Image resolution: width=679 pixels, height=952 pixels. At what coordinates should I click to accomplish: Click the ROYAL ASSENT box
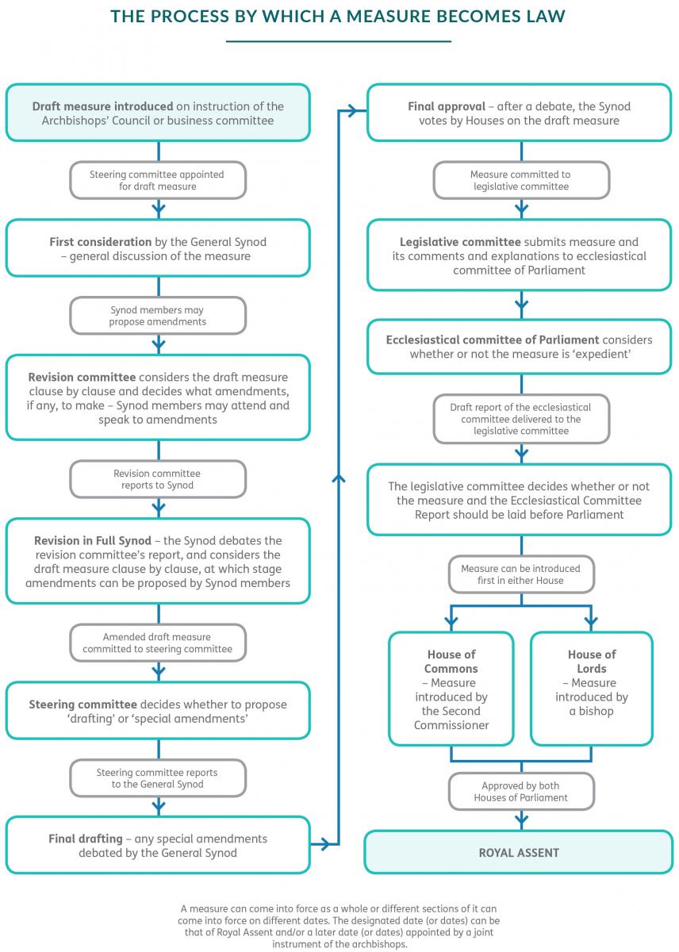click(x=519, y=852)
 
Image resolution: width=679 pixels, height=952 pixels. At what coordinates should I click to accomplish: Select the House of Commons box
click(x=451, y=689)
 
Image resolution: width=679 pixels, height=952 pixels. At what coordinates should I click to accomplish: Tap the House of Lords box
click(x=592, y=689)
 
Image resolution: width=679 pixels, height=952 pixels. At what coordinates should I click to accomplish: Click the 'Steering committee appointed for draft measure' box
click(x=158, y=180)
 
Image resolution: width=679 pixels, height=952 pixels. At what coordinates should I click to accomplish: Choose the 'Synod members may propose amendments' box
click(x=158, y=316)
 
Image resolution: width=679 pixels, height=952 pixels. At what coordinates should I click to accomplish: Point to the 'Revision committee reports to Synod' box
click(x=158, y=479)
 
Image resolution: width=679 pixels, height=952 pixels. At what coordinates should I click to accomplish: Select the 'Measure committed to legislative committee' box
click(x=521, y=180)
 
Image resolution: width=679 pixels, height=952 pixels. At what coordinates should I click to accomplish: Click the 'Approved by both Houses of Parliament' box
click(x=521, y=792)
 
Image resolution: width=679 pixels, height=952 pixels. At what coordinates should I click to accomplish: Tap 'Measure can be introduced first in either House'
click(x=521, y=574)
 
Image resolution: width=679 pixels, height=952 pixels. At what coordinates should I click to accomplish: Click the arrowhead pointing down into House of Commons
click(x=451, y=623)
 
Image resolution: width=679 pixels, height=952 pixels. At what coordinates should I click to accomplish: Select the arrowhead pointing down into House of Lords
click(x=591, y=623)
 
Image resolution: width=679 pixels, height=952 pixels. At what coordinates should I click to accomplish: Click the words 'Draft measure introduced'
click(x=102, y=106)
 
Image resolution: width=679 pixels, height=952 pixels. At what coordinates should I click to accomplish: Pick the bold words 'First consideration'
click(x=100, y=242)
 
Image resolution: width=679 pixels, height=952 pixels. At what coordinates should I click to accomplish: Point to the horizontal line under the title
click(x=338, y=41)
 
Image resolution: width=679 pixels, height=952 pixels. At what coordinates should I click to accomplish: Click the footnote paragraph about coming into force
click(x=339, y=926)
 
